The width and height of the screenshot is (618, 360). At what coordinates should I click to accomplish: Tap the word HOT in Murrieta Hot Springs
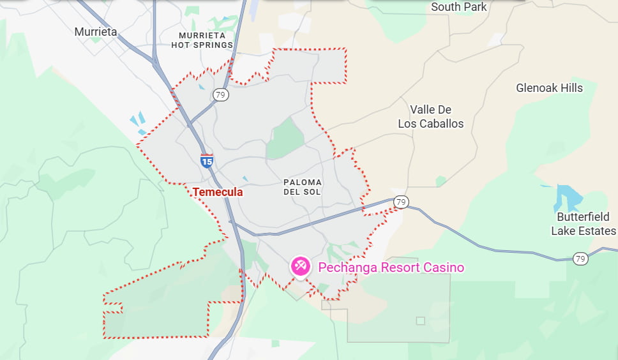[x=185, y=45]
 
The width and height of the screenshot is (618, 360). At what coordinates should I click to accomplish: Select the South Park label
[x=458, y=7]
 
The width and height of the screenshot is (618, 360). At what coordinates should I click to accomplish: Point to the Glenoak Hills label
[x=549, y=88]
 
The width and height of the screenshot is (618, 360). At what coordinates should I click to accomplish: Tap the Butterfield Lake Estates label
[x=584, y=224]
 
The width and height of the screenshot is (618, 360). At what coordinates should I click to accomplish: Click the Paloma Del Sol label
[x=303, y=187]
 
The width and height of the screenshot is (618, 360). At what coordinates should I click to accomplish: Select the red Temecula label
[x=218, y=191]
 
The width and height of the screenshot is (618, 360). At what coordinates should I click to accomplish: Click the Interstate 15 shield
[x=207, y=160]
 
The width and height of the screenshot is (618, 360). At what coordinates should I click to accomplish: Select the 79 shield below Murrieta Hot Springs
[x=221, y=95]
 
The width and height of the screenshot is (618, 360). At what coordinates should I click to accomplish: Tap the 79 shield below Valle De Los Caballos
[x=400, y=202]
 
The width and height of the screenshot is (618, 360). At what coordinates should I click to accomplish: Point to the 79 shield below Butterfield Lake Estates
[x=580, y=259]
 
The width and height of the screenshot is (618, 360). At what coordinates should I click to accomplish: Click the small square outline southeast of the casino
[x=420, y=320]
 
